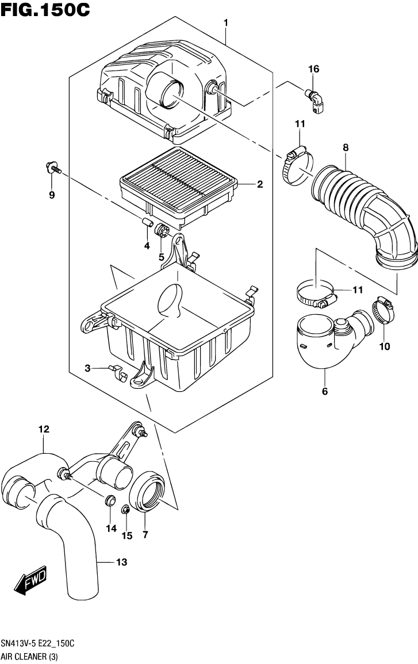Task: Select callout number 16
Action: [x=313, y=70]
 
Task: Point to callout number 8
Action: [x=346, y=148]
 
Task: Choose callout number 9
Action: [x=52, y=195]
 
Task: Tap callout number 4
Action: [x=147, y=246]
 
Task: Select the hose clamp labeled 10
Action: [x=382, y=310]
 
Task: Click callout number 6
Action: [x=324, y=392]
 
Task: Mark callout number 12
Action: [x=44, y=429]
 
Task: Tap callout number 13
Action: [x=121, y=563]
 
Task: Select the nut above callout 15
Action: [x=125, y=509]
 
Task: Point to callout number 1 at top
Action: [x=226, y=22]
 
